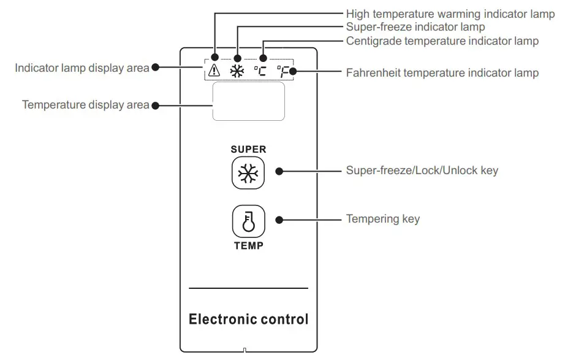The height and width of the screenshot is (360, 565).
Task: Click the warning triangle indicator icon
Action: point(214,71)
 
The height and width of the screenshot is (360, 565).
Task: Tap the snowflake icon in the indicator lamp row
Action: point(237,71)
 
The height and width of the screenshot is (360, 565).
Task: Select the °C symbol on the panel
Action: point(261,71)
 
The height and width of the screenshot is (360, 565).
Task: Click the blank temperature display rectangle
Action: point(248,102)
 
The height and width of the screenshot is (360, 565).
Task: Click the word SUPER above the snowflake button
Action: point(248,149)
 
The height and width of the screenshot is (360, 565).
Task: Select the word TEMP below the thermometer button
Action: point(248,246)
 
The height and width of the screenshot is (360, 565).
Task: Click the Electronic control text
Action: point(248,320)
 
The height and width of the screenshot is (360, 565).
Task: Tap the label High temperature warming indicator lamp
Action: point(450,13)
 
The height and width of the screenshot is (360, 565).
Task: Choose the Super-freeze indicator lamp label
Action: point(415,27)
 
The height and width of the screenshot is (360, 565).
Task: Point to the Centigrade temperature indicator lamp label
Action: point(442,41)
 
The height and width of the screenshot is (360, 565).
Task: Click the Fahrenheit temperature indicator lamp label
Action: point(442,73)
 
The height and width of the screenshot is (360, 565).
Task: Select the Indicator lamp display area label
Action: point(82,67)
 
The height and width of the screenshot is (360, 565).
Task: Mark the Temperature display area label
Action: point(86,105)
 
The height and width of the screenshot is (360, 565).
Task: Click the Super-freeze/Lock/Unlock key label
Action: point(422,170)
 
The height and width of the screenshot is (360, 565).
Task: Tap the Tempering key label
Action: point(383,219)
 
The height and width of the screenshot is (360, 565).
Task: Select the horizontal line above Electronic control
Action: point(248,288)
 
